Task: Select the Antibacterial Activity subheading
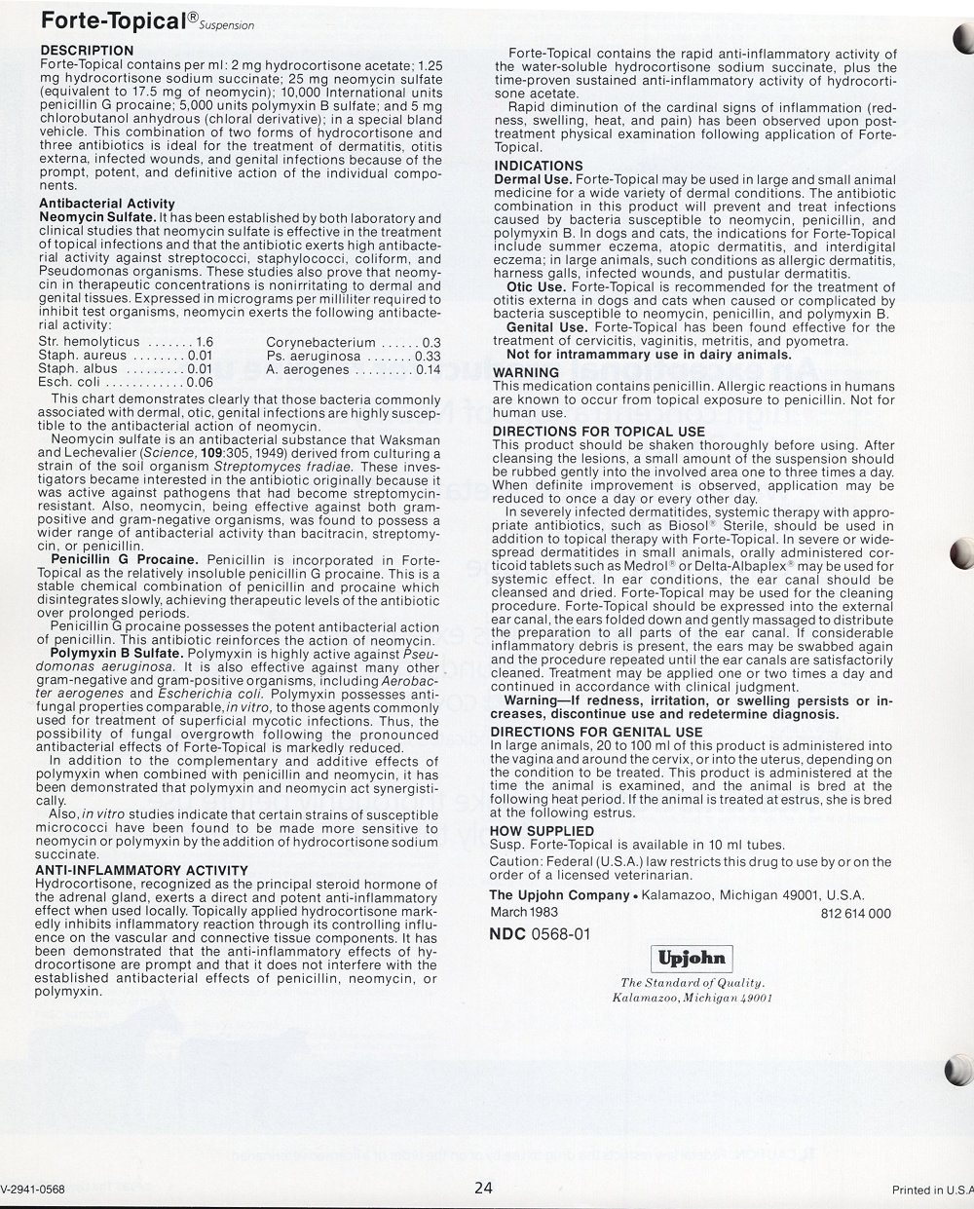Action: point(106,204)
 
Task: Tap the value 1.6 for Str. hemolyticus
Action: point(204,343)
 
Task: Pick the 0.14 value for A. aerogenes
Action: point(428,370)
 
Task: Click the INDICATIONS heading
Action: point(538,167)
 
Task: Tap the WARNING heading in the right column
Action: point(526,373)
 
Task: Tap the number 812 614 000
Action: point(857,914)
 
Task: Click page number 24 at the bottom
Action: point(484,1188)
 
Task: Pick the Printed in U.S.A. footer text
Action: point(932,1190)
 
